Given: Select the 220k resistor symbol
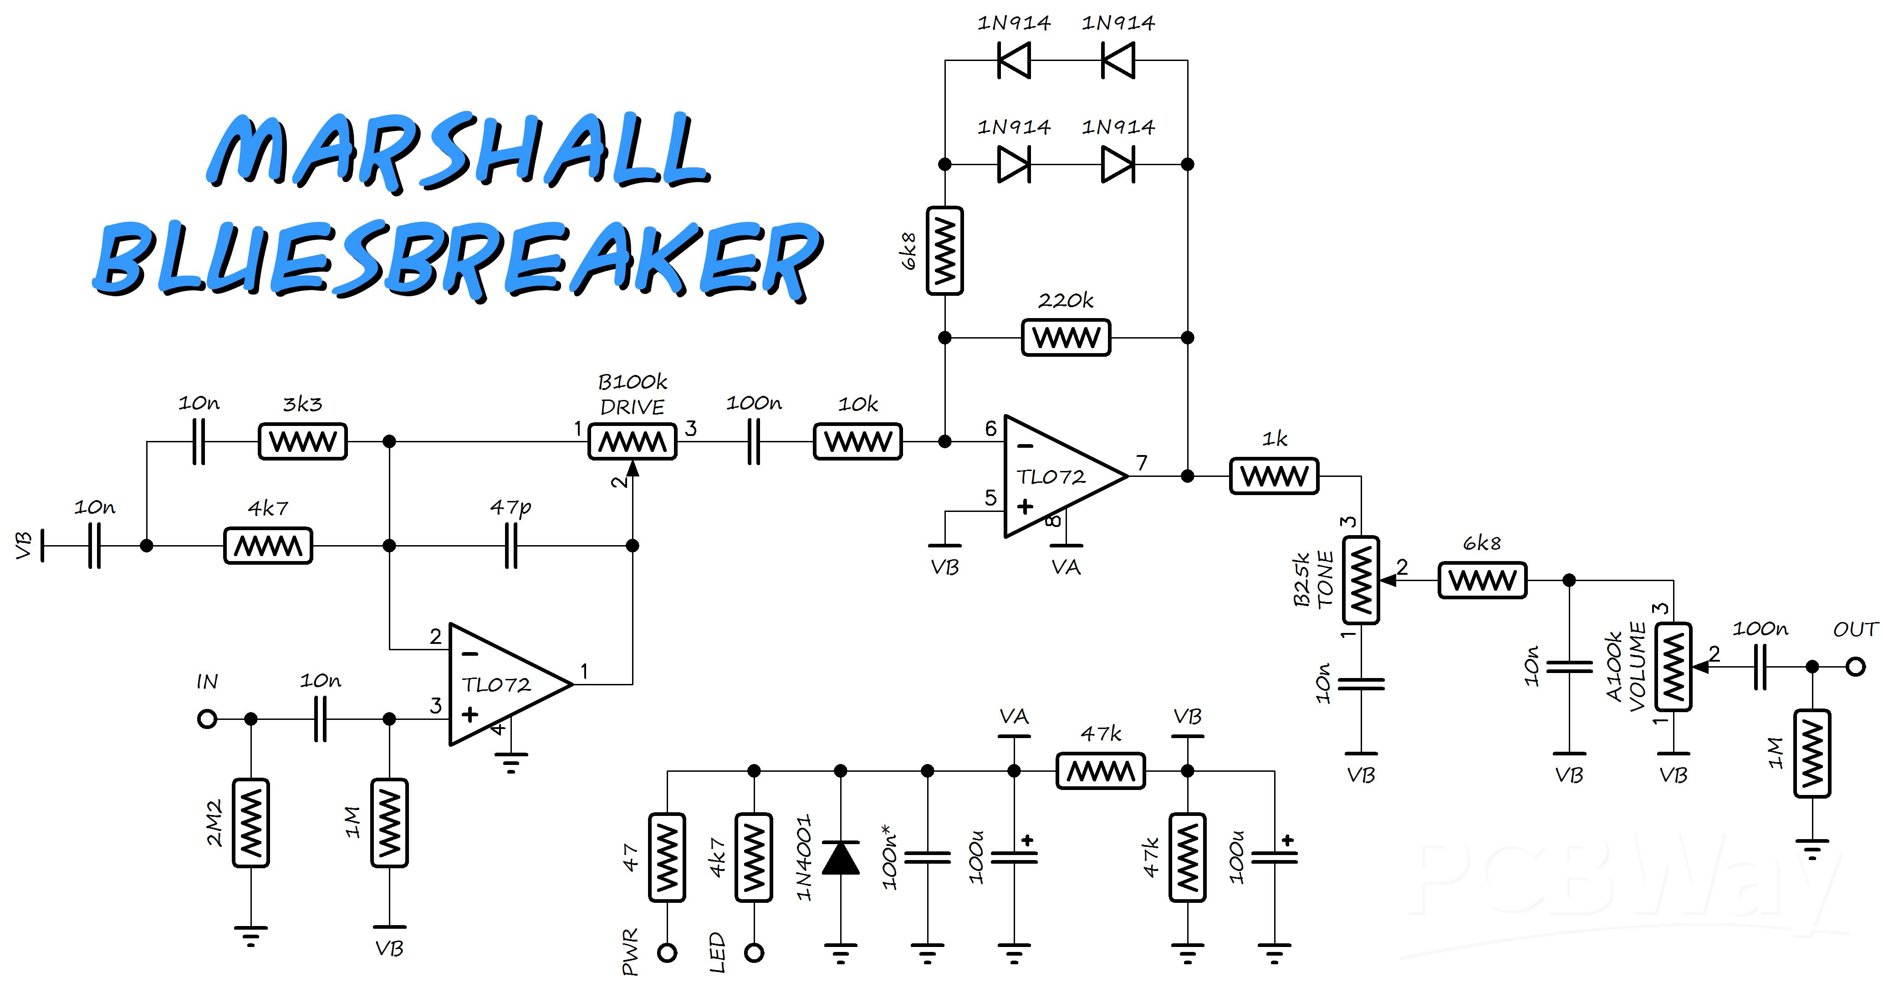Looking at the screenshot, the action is [x=1066, y=338].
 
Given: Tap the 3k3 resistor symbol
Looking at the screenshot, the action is [x=303, y=441].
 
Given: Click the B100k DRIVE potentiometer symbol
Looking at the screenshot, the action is [x=633, y=442].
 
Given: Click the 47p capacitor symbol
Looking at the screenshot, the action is [x=511, y=545].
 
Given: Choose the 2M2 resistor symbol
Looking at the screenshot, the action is [x=251, y=823].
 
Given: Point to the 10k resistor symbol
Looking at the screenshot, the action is [x=858, y=441].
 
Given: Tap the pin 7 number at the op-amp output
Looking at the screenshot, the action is [x=1142, y=462].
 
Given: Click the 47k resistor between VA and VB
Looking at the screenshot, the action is [x=1101, y=771].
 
